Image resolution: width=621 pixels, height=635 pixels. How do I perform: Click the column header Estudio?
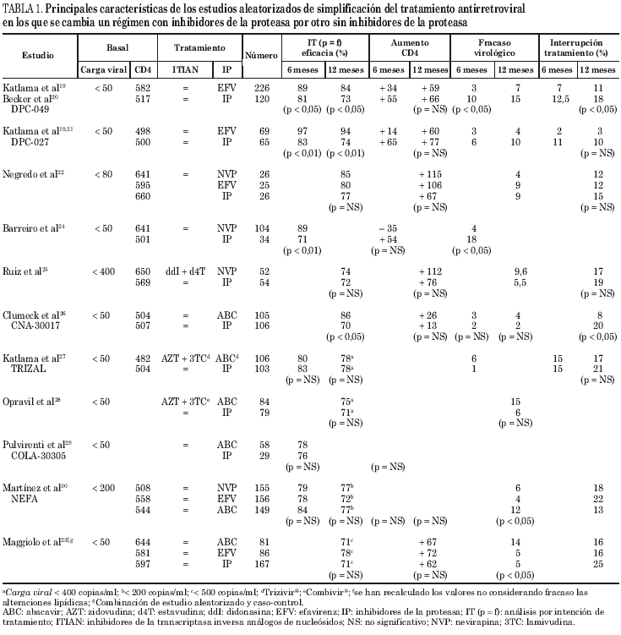39,54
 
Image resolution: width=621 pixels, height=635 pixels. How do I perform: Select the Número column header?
261,54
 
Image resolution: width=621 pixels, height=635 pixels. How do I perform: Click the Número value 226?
261,88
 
